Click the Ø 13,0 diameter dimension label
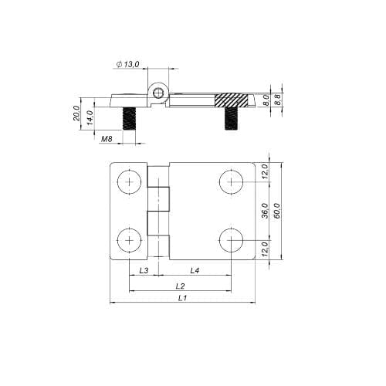(x=127, y=64)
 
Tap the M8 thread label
(x=107, y=139)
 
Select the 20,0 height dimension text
(x=76, y=113)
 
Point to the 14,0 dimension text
(x=90, y=117)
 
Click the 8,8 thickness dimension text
(x=277, y=100)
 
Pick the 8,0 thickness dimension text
(x=266, y=100)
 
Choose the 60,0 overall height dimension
(x=277, y=211)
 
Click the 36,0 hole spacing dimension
(x=265, y=211)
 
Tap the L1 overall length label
(x=182, y=298)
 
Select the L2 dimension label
(x=181, y=286)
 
